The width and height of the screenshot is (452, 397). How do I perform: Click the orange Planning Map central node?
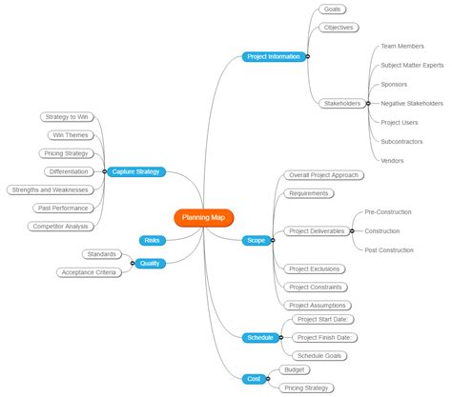pyautogui.click(x=202, y=217)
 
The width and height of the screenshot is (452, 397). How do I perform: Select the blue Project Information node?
pyautogui.click(x=275, y=56)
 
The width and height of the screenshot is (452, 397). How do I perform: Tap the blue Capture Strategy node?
pyautogui.click(x=136, y=171)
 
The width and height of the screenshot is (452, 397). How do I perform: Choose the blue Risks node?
pyautogui.click(x=152, y=240)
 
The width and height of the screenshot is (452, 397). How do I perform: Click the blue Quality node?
pyautogui.click(x=150, y=263)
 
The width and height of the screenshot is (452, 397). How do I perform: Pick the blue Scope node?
pyautogui.click(x=256, y=240)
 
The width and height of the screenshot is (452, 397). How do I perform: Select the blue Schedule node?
pyautogui.click(x=259, y=337)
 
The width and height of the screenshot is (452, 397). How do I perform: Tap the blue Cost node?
pyautogui.click(x=254, y=378)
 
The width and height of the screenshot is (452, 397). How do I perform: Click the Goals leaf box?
pyautogui.click(x=332, y=10)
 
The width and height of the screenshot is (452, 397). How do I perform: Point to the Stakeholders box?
pyautogui.click(x=340, y=103)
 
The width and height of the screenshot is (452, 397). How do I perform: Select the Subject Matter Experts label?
pyautogui.click(x=412, y=65)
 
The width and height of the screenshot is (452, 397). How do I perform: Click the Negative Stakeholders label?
pyautogui.click(x=412, y=103)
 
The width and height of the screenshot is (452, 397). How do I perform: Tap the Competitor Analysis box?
pyautogui.click(x=61, y=226)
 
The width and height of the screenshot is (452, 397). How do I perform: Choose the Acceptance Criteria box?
pyautogui.click(x=88, y=272)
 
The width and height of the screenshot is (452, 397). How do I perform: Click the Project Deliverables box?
pyautogui.click(x=317, y=230)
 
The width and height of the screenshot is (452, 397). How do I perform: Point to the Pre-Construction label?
pyautogui.click(x=389, y=211)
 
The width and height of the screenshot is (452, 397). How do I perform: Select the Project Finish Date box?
pyautogui.click(x=322, y=337)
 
